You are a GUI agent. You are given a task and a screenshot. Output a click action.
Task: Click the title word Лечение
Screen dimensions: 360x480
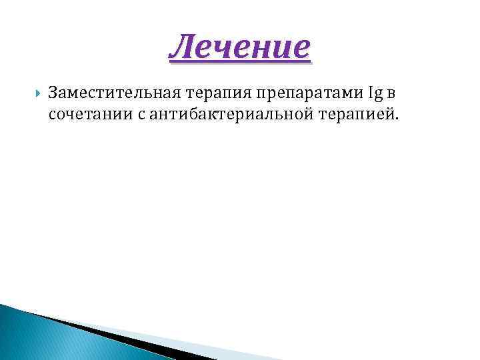[x=240, y=47]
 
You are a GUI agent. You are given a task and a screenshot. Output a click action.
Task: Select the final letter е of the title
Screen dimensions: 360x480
[x=302, y=48]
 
